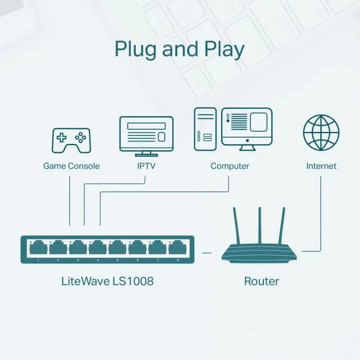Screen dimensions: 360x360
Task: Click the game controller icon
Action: (x=71, y=140)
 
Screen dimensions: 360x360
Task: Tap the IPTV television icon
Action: (x=146, y=135)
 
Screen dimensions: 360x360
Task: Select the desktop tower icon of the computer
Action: (x=205, y=129)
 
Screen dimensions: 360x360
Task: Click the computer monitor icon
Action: (x=246, y=129)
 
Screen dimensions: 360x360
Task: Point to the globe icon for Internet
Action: (x=321, y=132)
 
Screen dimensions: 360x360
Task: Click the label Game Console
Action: (x=71, y=166)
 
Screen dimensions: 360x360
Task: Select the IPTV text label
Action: (x=146, y=166)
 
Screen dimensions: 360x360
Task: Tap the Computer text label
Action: (x=230, y=166)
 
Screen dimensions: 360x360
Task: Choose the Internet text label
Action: (x=321, y=166)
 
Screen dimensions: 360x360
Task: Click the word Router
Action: (x=261, y=281)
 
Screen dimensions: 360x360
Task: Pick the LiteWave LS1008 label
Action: (x=107, y=281)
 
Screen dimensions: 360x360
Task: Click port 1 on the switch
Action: (x=38, y=248)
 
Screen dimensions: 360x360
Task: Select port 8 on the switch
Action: (x=177, y=248)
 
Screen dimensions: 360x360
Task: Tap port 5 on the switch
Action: (x=118, y=248)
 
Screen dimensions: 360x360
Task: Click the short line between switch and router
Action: (x=207, y=253)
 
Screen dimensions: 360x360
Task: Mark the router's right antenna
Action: (x=282, y=226)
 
